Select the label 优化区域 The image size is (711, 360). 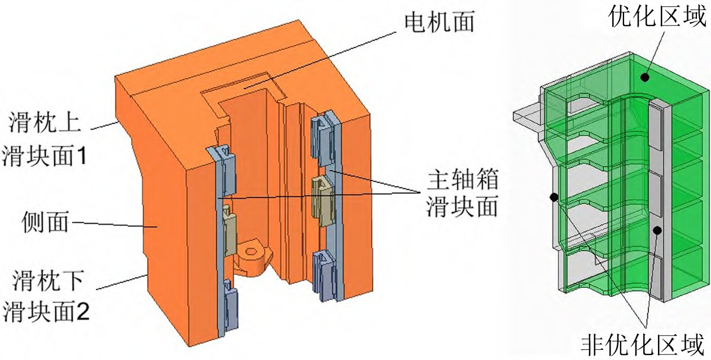658,18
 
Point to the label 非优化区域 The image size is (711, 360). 643,344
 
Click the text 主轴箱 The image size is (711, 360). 462,183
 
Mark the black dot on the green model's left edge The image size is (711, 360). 554,197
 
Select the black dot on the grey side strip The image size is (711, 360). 657,230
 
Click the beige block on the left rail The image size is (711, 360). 229,230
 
